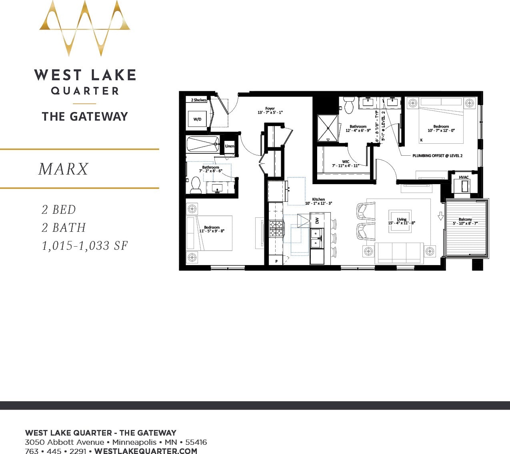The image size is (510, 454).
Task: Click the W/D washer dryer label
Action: (197, 119)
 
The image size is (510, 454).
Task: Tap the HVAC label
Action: (464, 177)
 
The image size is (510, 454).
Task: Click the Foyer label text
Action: (270, 108)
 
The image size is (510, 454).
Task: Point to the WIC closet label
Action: (346, 162)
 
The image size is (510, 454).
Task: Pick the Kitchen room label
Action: (318, 199)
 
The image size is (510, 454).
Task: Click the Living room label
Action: (402, 219)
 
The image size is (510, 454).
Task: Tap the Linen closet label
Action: (230, 146)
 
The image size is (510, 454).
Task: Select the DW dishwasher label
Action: (317, 221)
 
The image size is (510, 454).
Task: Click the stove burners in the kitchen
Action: (276, 229)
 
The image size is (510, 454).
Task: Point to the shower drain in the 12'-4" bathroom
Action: (328, 128)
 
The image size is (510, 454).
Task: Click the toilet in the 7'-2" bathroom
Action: (196, 185)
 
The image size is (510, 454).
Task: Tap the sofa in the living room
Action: (399, 253)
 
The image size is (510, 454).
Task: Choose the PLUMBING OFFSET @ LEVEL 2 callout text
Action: (437, 156)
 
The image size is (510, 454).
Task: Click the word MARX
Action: (64, 169)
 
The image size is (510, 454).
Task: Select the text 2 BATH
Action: (64, 228)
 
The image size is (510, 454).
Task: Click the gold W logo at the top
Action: (85, 28)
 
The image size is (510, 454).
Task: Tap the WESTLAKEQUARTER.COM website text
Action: (146, 451)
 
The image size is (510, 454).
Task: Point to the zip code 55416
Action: (196, 442)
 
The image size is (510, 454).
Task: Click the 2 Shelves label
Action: (199, 100)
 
